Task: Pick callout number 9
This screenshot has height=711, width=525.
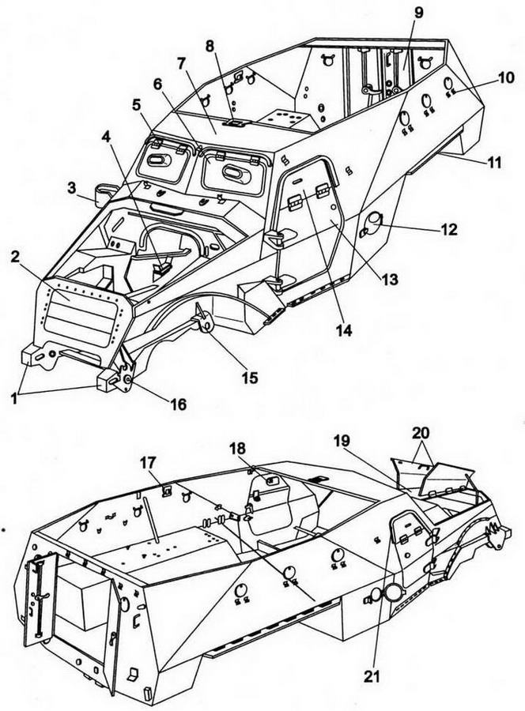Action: click(x=418, y=13)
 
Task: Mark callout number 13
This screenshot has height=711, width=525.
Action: click(x=410, y=279)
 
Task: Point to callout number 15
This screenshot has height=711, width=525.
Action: click(x=249, y=378)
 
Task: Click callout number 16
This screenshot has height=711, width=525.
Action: click(x=178, y=404)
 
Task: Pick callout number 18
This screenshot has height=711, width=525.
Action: click(x=237, y=449)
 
